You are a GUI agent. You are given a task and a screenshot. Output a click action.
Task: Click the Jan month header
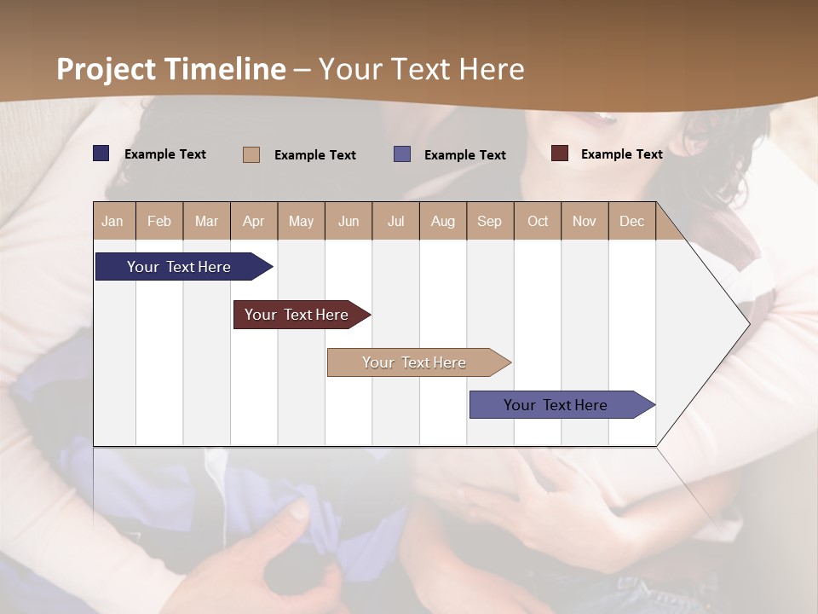(x=113, y=221)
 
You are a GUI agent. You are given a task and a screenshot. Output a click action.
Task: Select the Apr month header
(x=254, y=221)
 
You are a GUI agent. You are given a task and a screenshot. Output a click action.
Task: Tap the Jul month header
(x=395, y=221)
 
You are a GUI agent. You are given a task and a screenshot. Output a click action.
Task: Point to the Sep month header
(x=489, y=221)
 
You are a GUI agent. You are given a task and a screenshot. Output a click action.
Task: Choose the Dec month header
(x=631, y=221)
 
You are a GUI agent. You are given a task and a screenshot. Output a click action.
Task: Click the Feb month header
(x=159, y=221)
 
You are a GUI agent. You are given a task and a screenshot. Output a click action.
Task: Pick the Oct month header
(x=538, y=221)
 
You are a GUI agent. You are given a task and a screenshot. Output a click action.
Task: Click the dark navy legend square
(x=101, y=153)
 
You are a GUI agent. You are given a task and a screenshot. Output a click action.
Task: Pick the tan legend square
(x=251, y=154)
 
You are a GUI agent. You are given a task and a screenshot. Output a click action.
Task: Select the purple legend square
(x=402, y=154)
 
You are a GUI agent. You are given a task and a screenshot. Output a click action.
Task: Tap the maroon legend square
(x=560, y=153)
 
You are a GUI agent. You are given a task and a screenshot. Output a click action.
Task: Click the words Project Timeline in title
(x=170, y=69)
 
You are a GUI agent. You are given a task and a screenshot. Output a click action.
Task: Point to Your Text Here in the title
(x=421, y=69)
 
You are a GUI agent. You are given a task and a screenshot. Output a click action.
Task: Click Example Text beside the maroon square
(x=621, y=154)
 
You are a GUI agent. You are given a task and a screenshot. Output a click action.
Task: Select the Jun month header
(x=349, y=221)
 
